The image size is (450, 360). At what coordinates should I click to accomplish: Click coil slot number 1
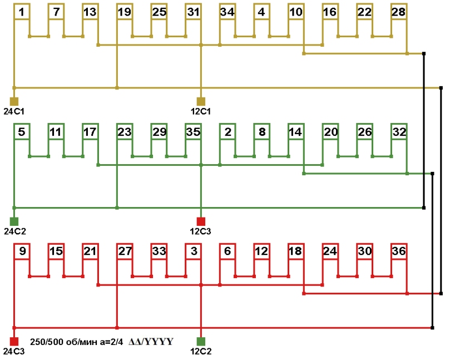21,11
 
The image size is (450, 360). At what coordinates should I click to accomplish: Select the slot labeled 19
125,11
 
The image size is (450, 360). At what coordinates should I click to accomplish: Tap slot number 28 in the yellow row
398,11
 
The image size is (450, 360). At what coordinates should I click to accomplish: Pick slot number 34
227,11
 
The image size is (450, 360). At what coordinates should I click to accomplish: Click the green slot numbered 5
21,132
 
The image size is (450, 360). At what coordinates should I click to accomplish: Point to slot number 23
125,132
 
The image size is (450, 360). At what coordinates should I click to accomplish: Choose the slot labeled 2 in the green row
227,132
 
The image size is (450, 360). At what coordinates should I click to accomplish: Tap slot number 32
398,132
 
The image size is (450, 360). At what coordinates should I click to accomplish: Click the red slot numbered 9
21,251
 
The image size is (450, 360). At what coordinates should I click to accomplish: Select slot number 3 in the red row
193,251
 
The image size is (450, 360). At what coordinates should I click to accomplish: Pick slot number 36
398,251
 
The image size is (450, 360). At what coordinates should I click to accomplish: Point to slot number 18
295,251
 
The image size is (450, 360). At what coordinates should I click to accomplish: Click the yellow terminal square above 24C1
14,101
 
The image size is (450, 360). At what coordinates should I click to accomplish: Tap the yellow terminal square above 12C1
201,101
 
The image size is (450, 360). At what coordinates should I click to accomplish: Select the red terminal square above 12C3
201,221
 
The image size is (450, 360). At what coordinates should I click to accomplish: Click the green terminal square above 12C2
201,341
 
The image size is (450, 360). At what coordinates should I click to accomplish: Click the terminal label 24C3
14,351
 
